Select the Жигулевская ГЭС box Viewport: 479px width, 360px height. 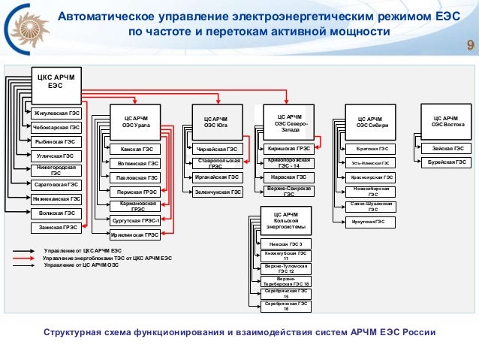56,114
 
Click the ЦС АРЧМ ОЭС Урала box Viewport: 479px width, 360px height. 136,122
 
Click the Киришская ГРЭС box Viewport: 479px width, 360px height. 289,149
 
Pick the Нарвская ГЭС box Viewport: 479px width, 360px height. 289,177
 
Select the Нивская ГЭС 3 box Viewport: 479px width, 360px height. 285,244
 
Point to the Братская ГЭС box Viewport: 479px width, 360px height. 371,149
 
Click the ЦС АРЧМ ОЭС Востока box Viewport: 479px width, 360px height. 447,122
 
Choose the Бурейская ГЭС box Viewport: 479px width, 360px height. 447,162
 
